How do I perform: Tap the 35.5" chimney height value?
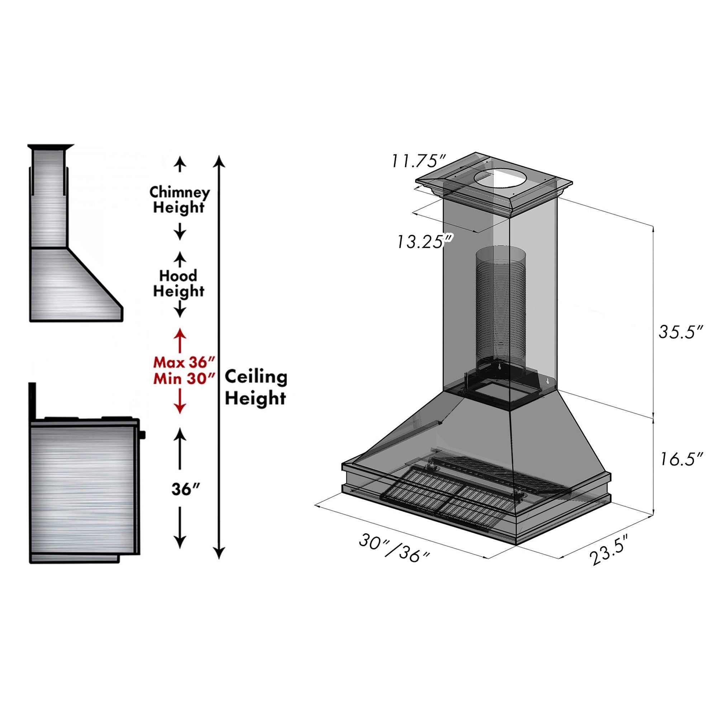[681, 331]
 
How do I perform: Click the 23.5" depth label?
[610, 555]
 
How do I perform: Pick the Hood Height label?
[179, 284]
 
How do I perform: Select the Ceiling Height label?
[256, 388]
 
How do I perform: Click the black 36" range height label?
[186, 489]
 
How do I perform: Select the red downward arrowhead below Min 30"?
[180, 408]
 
